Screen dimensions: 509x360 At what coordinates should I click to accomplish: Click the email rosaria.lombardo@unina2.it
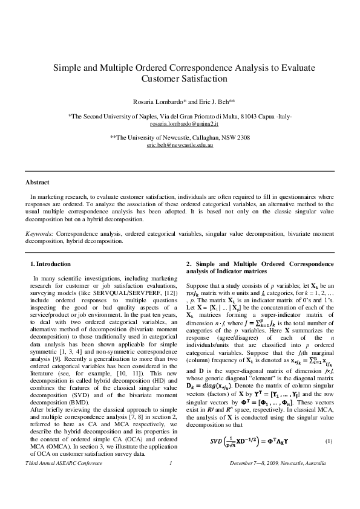click(x=180, y=123)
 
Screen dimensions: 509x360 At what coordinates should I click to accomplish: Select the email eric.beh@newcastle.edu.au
click(x=180, y=146)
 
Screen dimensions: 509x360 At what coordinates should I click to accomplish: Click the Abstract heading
click(x=37, y=182)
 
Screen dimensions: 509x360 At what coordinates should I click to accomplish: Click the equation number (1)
click(x=329, y=456)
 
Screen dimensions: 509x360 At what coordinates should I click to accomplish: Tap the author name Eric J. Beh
click(x=211, y=101)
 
